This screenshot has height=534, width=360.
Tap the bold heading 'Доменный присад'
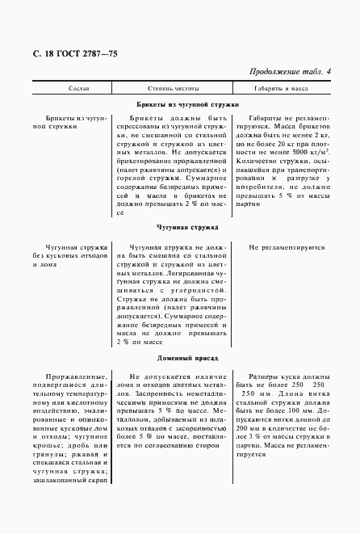click(x=183, y=357)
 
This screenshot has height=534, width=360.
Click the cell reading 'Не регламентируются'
click(x=287, y=248)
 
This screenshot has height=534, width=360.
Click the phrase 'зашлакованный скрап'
click(x=71, y=481)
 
